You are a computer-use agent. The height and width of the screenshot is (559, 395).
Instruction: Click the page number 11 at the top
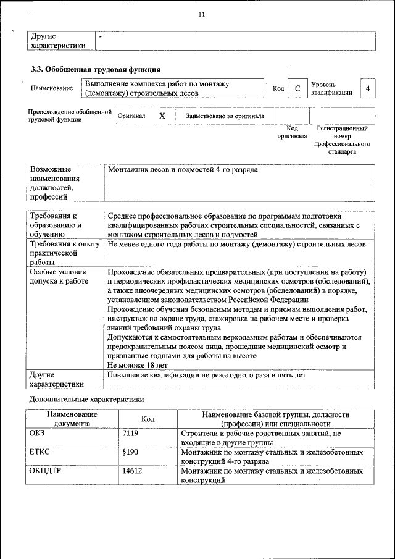201,14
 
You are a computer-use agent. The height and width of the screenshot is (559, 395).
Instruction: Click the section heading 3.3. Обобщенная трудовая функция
96,69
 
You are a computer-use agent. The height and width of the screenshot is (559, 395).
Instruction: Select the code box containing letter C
297,89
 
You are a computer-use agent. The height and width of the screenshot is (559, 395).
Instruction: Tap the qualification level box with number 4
368,89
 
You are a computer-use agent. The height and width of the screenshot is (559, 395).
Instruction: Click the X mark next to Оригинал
162,116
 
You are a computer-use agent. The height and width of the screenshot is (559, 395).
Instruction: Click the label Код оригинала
292,132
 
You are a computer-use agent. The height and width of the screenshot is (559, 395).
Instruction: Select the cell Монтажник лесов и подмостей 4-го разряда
183,169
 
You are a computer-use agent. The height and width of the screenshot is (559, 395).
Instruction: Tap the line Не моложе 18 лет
138,365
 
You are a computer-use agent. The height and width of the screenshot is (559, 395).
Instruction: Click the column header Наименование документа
72,419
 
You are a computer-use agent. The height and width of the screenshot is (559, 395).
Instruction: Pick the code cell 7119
130,434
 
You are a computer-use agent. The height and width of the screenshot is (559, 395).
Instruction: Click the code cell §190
129,452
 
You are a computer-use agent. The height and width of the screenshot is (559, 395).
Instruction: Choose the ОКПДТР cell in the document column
47,471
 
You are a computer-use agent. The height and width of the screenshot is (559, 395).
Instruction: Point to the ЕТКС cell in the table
39,452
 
